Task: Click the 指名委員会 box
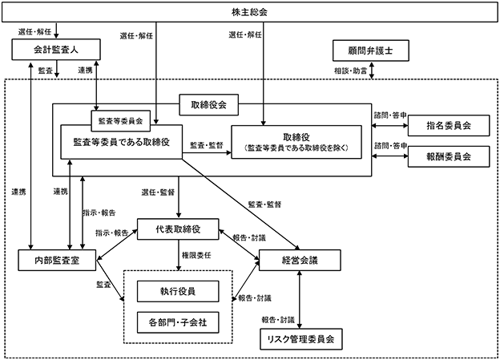pyautogui.click(x=449, y=125)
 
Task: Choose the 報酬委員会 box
pyautogui.click(x=449, y=156)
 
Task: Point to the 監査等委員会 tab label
pyautogui.click(x=119, y=123)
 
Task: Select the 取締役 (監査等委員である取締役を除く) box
pyautogui.click(x=302, y=143)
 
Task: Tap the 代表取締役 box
pyautogui.click(x=178, y=229)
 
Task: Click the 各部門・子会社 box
pyautogui.click(x=177, y=321)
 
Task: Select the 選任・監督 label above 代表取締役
pyautogui.click(x=157, y=193)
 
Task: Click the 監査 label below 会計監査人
pyautogui.click(x=46, y=71)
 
